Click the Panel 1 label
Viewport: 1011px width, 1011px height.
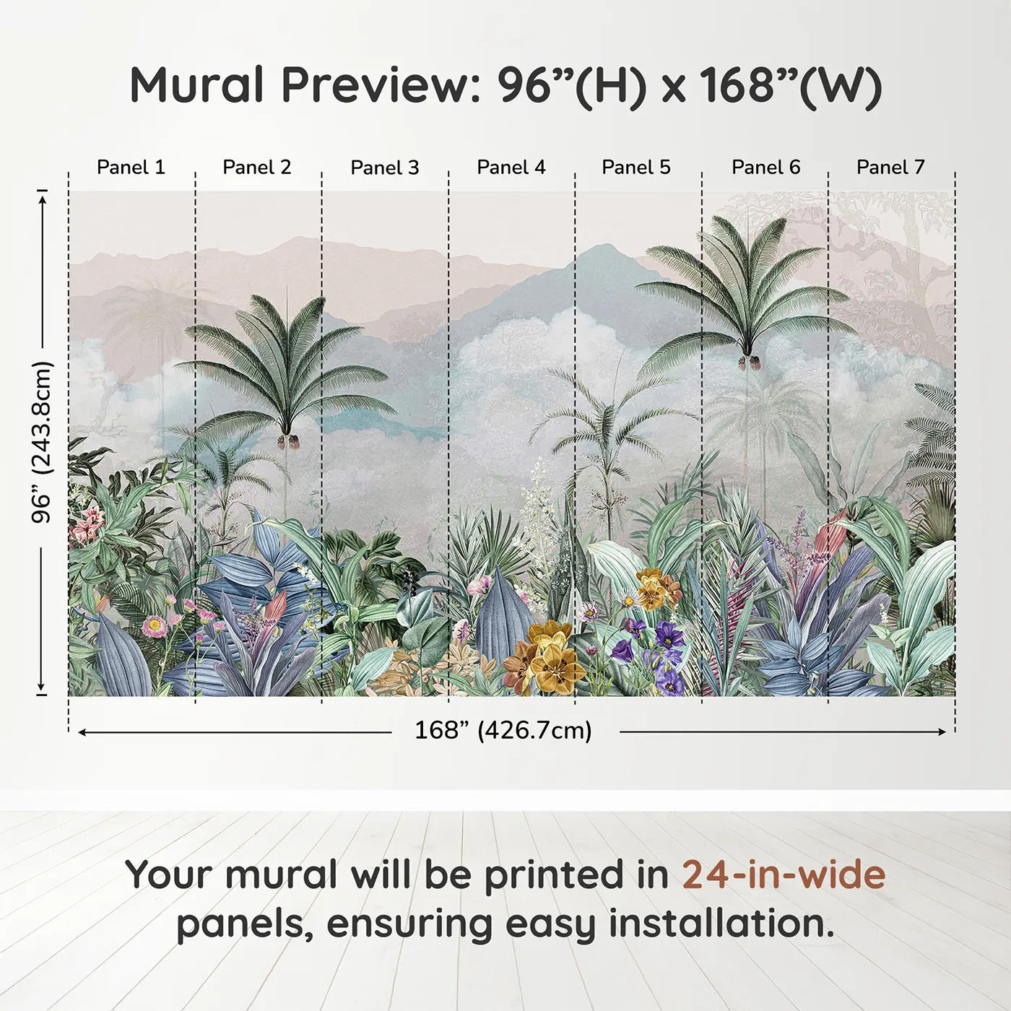[x=131, y=168]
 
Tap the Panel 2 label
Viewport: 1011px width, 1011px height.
[x=257, y=168]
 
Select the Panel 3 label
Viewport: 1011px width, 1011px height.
[x=384, y=168]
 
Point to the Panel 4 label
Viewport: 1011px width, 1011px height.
[x=511, y=168]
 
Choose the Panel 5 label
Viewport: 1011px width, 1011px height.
[x=636, y=168]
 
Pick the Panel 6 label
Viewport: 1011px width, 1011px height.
[x=765, y=168]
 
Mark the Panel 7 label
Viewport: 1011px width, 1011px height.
[x=890, y=168]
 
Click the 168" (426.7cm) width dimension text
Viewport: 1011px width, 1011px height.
[x=503, y=730]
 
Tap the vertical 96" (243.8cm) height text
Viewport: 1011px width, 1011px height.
[x=42, y=442]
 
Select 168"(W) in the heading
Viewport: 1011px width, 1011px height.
[x=790, y=85]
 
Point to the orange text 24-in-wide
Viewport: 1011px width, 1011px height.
[x=784, y=875]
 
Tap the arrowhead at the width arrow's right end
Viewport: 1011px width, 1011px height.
[x=942, y=732]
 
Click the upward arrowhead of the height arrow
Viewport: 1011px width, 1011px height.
[x=43, y=196]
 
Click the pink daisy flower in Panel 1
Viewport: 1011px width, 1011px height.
[x=154, y=625]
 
